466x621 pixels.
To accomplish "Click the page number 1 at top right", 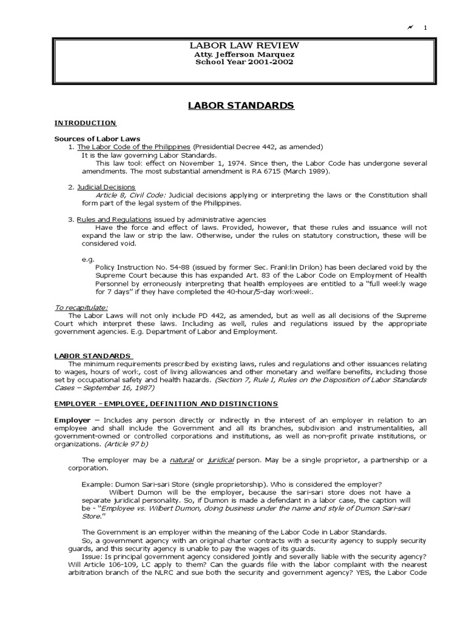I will pos(425,27).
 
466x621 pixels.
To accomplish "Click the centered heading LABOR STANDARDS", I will pos(242,106).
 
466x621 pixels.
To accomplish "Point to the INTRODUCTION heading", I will pos(86,123).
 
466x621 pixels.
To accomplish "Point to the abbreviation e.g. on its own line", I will pos(88,258).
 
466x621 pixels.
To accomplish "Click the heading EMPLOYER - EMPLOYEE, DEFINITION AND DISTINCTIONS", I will pos(166,403).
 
